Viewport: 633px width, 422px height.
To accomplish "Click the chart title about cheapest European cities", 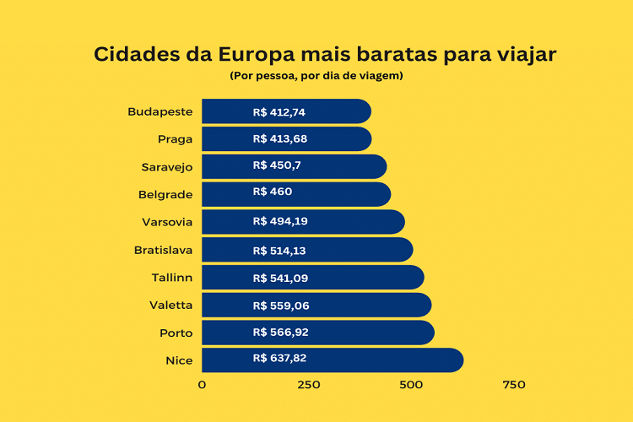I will (x=325, y=54).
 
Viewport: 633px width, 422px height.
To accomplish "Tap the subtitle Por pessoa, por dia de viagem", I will (x=316, y=76).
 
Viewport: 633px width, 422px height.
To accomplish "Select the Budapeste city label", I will (x=160, y=111).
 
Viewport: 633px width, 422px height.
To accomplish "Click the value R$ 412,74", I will (x=279, y=111).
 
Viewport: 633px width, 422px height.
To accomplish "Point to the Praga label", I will (x=175, y=139).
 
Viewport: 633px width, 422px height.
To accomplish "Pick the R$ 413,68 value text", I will (x=279, y=139).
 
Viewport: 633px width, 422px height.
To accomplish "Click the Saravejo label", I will (x=166, y=167).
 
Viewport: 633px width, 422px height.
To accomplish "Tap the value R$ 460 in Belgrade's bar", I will (x=272, y=192).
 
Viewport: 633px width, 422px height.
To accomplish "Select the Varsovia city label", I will (x=167, y=222).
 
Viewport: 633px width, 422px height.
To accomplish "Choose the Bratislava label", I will (x=163, y=250).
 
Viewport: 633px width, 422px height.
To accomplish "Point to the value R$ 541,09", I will (x=279, y=278).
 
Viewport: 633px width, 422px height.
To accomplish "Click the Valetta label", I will (x=170, y=306).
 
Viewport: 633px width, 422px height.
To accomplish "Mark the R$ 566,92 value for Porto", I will (x=280, y=333).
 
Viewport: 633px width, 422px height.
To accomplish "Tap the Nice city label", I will (x=179, y=360).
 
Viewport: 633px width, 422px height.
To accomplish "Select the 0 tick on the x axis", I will (x=202, y=385).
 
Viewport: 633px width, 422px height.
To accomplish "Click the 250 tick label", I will (x=309, y=385).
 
